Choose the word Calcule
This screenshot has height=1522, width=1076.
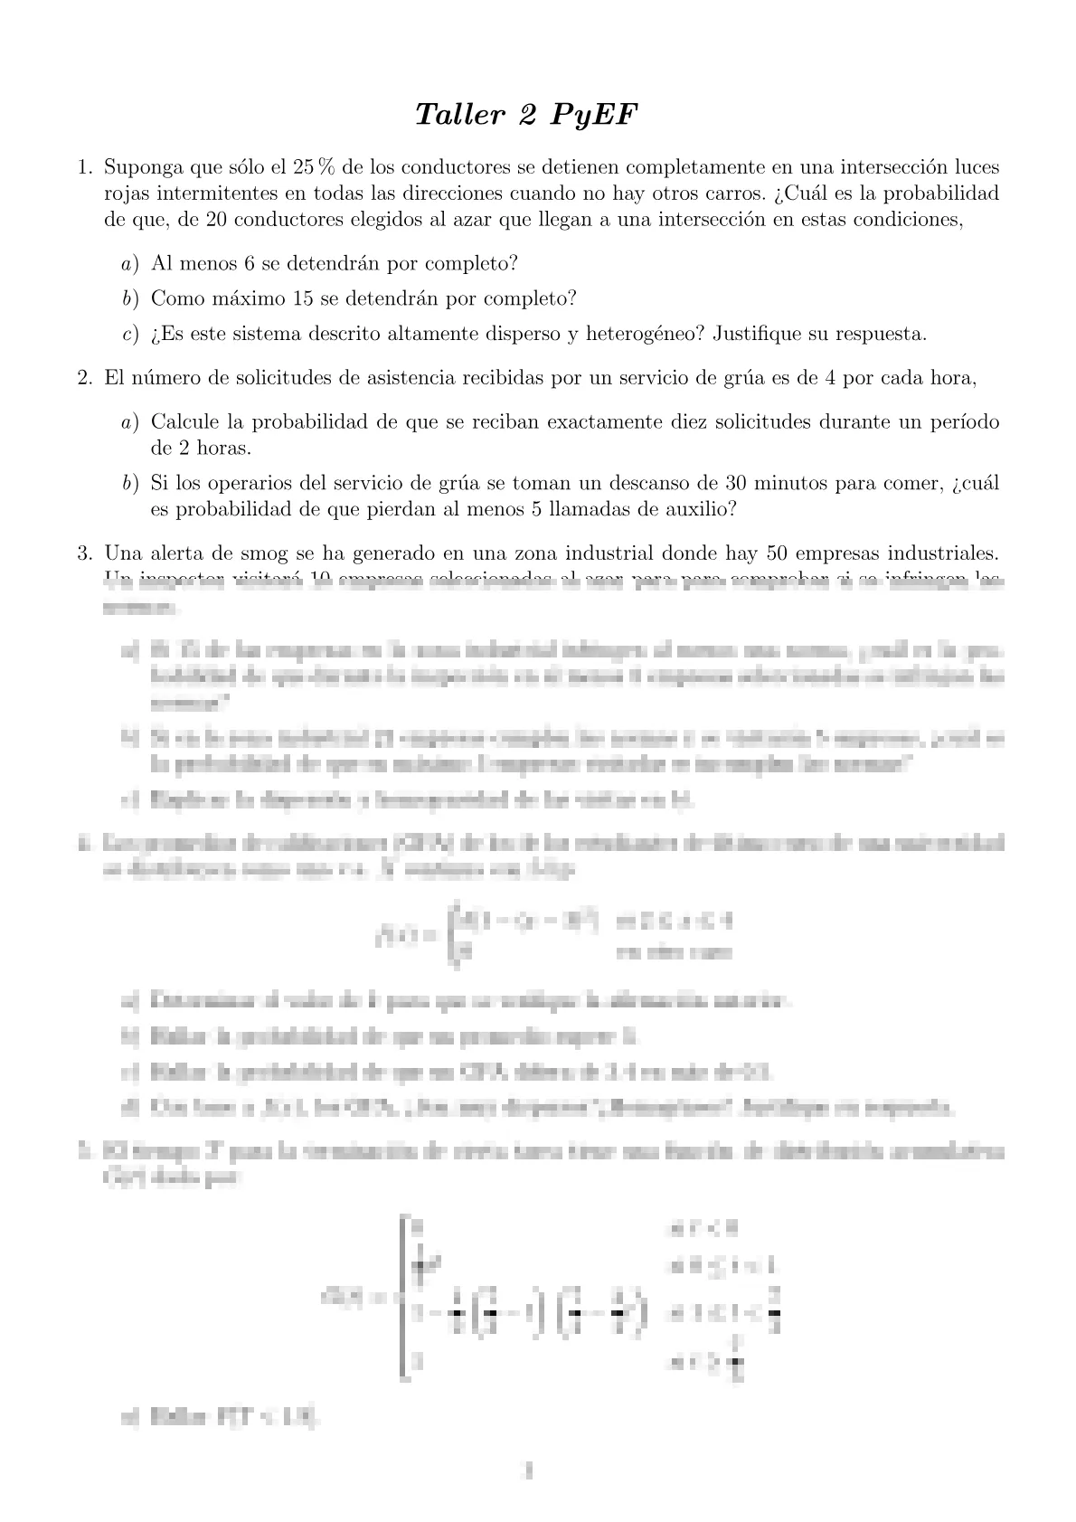click(185, 422)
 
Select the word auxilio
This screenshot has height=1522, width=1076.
click(703, 509)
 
